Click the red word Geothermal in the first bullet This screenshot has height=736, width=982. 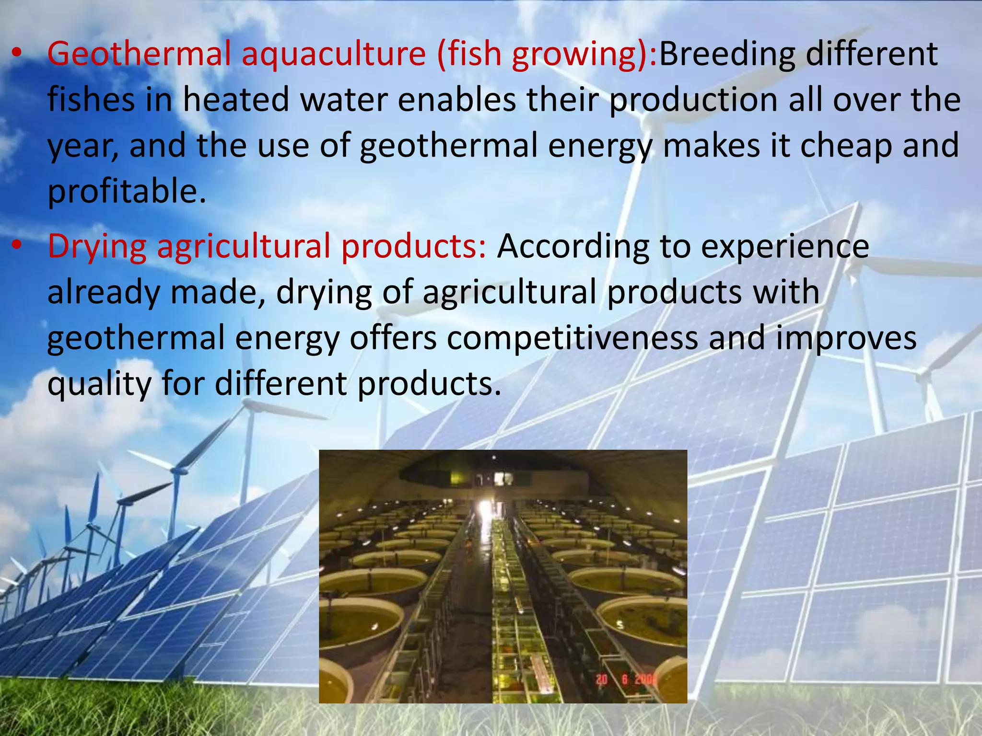coord(139,54)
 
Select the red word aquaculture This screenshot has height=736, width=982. coord(333,54)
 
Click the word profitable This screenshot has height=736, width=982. coord(127,192)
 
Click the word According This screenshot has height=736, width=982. coord(573,246)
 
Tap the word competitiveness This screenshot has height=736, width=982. coord(573,338)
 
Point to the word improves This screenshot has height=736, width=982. coord(846,338)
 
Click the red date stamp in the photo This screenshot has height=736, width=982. coord(626,679)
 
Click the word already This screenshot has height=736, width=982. coord(103,292)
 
